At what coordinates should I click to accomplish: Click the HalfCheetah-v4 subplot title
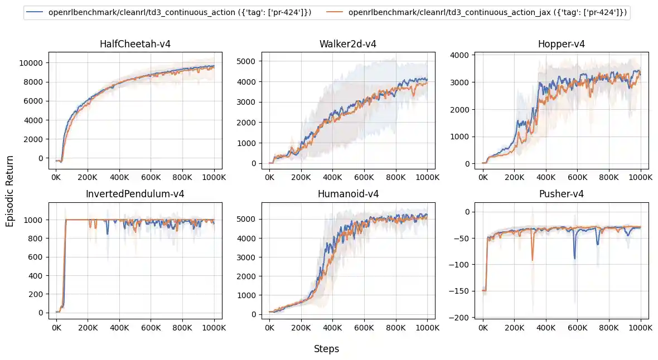point(135,44)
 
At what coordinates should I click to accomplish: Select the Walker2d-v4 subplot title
point(348,44)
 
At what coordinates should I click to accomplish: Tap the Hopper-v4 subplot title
point(562,44)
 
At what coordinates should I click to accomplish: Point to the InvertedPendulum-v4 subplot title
point(135,194)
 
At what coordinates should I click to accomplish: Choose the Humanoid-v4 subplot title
point(349,194)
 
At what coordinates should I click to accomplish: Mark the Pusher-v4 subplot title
point(562,194)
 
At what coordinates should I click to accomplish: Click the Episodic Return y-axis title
point(9,191)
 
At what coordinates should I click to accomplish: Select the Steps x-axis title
point(326,349)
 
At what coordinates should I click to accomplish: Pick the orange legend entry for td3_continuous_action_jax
point(476,13)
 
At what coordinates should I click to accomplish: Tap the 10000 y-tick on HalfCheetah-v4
point(31,63)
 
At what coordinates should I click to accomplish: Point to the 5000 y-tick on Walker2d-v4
point(246,61)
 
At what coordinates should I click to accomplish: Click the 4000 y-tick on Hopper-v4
point(460,55)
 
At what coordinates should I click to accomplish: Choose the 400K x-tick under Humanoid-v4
point(332,328)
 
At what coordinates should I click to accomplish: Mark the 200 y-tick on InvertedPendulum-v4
point(36,294)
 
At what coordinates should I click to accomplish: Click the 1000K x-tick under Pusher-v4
point(640,328)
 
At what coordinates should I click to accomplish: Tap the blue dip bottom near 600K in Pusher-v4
point(574,259)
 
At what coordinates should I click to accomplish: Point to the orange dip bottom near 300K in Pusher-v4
point(533,261)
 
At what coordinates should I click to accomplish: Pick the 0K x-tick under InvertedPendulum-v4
point(56,328)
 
